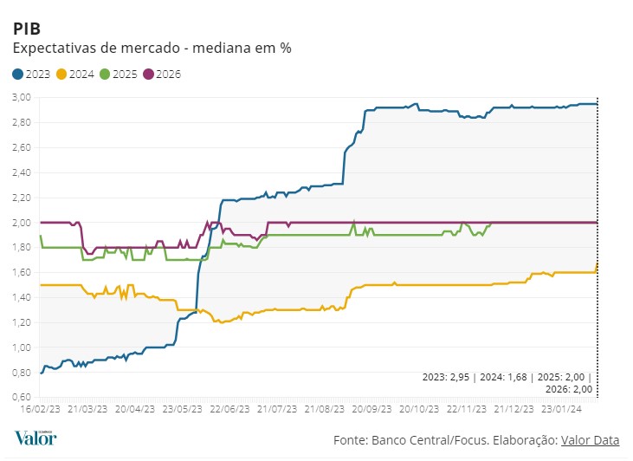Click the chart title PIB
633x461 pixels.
coord(26,29)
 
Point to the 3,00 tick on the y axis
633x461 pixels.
coord(22,97)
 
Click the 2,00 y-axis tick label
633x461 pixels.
coord(22,223)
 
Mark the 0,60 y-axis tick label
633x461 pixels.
coord(22,398)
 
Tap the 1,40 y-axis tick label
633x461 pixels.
coord(22,297)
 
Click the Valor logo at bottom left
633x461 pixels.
coord(36,438)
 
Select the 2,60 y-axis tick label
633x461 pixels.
coord(22,147)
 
